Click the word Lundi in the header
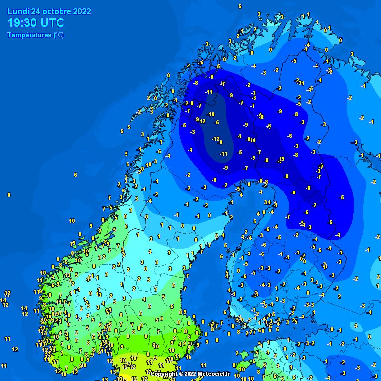(x=17, y=11)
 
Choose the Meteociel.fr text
(x=213, y=373)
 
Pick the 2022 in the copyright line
(x=191, y=373)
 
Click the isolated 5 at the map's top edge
(x=240, y=6)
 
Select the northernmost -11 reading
(x=209, y=92)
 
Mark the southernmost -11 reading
(x=224, y=154)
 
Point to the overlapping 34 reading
(x=268, y=202)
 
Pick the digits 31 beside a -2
(x=301, y=83)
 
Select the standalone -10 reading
(x=210, y=115)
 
